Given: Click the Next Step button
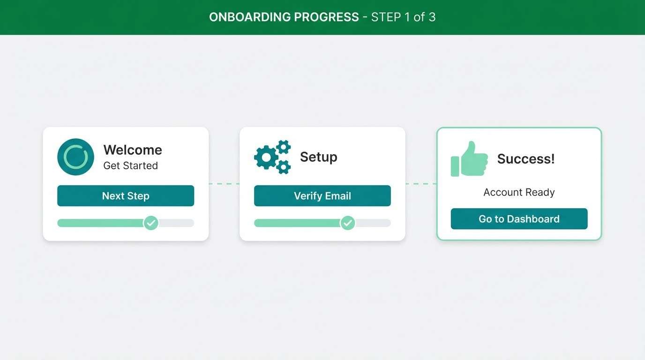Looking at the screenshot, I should point(126,196).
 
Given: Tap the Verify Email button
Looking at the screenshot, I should point(322,196).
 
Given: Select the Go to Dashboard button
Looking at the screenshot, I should point(519,219).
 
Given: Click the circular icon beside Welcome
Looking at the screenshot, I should point(75,157).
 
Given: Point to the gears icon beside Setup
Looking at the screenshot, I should point(272,157).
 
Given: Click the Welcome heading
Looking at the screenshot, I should point(133,150).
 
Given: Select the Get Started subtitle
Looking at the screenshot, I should point(130,165).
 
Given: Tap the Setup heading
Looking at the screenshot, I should point(318,157).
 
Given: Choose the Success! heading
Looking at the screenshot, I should point(526,159).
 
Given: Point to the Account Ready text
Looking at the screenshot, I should point(519,192).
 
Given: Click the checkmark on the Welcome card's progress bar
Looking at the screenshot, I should point(150,223).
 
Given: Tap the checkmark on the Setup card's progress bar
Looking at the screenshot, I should point(347,223).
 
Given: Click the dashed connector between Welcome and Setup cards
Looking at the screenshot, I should point(224,184).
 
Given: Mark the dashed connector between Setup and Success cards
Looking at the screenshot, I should point(421,184).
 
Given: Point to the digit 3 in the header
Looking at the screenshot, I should point(432,17).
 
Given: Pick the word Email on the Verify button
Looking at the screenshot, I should point(338,196).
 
